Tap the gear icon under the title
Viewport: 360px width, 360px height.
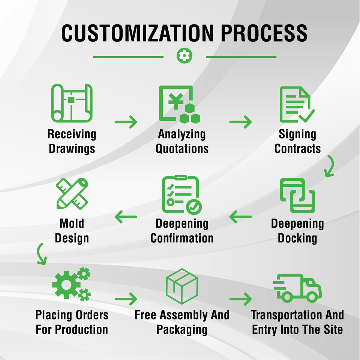[x=184, y=56]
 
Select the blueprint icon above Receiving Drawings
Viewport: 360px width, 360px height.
[x=72, y=103]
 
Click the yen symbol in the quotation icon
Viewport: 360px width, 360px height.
[x=174, y=100]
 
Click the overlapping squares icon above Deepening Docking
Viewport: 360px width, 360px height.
[x=298, y=195]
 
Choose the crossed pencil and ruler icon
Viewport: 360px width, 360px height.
[x=72, y=193]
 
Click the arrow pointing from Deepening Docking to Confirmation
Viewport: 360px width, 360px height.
[x=240, y=216]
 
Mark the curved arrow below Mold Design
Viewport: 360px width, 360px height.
[x=41, y=253]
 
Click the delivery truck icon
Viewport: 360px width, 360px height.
[x=297, y=288]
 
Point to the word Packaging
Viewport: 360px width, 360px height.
[x=182, y=330]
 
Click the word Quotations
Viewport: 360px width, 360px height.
[x=182, y=148]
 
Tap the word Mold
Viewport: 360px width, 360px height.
[x=72, y=224]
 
